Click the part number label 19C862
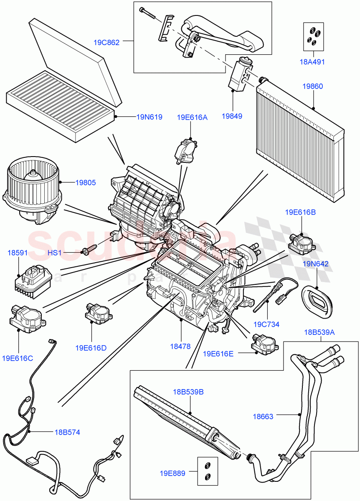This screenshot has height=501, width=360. coord(106,42)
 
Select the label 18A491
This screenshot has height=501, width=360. coord(312,62)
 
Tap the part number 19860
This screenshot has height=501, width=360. coord(312,86)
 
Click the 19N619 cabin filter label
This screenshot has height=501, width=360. coord(149,117)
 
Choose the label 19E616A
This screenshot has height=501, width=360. coord(192,117)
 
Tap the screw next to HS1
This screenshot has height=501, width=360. coord(89,251)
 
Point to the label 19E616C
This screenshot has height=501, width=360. coord(18,358)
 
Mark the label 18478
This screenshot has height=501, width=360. coord(180,346)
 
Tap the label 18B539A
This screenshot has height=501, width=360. coord(319,332)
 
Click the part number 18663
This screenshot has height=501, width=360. coord(263,416)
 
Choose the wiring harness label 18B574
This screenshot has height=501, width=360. coord(67,432)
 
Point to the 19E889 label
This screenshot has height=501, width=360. coord(172,473)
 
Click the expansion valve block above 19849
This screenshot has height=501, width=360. coord(239,75)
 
